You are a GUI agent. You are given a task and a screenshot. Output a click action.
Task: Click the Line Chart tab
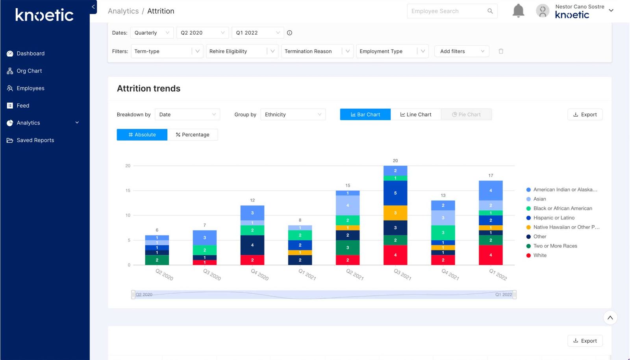point(416,115)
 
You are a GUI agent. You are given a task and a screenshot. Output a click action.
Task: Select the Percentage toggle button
point(193,135)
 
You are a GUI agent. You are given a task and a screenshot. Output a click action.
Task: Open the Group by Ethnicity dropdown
point(293,115)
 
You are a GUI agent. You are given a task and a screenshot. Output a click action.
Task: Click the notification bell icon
point(518,11)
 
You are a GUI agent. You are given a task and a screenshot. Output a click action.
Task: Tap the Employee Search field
point(447,11)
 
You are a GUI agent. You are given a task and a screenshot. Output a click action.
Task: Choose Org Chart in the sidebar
point(29,71)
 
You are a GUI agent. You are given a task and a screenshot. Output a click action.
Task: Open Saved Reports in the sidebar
point(35,140)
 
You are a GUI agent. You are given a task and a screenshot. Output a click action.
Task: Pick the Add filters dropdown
point(461,51)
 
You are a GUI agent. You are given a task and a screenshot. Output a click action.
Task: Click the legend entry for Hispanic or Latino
point(554,218)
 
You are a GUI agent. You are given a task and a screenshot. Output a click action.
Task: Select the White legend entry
point(539,255)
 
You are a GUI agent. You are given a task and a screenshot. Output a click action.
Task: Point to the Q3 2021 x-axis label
point(402,275)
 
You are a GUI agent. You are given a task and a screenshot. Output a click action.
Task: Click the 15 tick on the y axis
point(128,191)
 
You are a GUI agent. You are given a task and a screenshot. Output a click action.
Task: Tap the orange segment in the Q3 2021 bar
point(395,213)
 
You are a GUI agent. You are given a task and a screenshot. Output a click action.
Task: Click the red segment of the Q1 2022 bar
point(491,255)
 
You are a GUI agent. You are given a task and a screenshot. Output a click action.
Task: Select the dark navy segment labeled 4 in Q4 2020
point(252,245)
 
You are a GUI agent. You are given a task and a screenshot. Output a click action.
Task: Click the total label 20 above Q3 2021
point(395,161)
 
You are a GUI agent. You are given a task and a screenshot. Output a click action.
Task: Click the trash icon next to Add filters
point(501,51)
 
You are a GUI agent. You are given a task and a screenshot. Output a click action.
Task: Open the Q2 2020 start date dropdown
point(202,33)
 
